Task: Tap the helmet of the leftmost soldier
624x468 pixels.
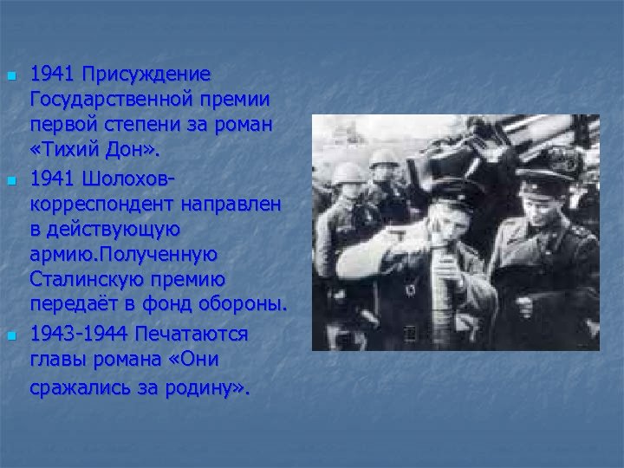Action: coord(348,172)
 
